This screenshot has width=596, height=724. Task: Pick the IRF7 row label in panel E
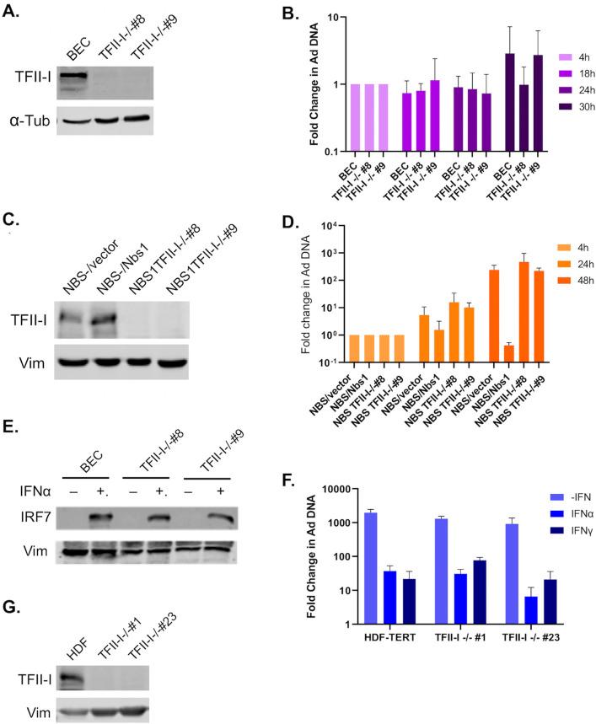click(29, 513)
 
